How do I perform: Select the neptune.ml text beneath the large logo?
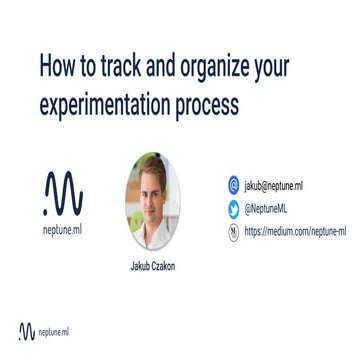tap(63, 229)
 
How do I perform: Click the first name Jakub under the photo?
tap(142, 267)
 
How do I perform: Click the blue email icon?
tap(233, 185)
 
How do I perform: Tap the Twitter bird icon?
tap(233, 209)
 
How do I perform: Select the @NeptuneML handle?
tap(271, 209)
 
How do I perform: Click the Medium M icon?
tap(233, 232)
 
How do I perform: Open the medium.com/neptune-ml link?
tap(299, 232)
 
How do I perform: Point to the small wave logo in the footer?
tap(27, 332)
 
